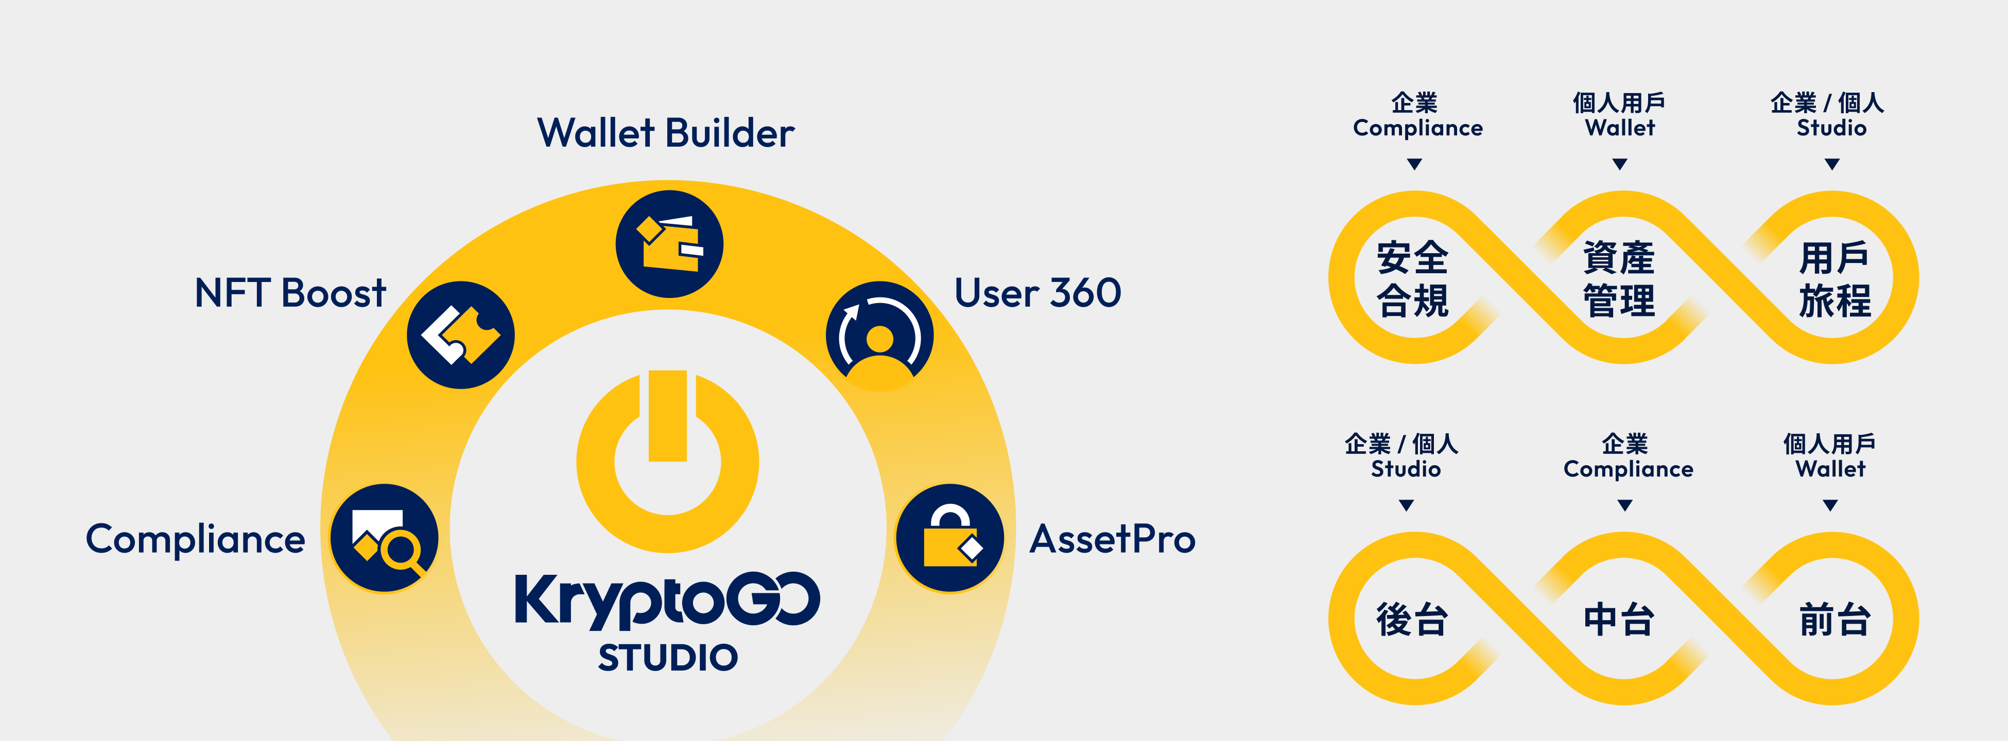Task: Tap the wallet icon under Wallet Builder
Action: point(670,244)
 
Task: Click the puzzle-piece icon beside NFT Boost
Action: point(461,335)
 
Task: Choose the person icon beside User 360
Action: point(879,335)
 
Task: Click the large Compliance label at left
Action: point(196,539)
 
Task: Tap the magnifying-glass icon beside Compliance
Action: point(384,538)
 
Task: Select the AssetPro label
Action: point(1112,539)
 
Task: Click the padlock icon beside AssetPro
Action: point(949,538)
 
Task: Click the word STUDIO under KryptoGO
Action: point(668,658)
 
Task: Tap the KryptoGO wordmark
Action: point(667,600)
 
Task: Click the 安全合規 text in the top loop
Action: point(1412,279)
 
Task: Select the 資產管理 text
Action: point(1619,279)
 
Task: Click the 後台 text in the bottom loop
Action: point(1412,620)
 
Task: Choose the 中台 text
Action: point(1619,620)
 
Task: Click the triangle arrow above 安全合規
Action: point(1415,164)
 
